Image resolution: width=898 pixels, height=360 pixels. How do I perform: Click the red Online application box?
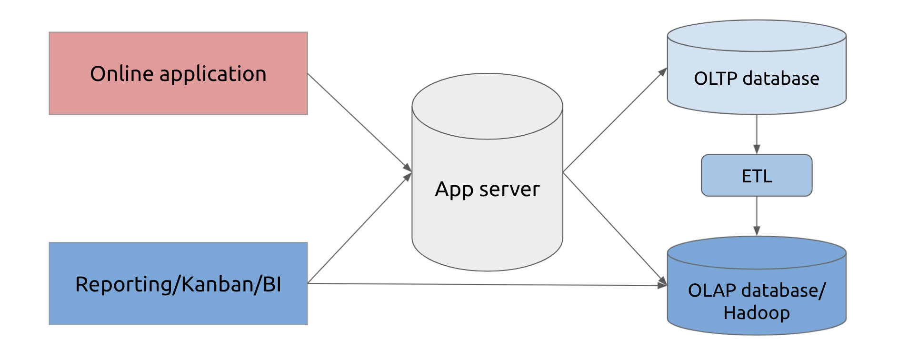(x=178, y=73)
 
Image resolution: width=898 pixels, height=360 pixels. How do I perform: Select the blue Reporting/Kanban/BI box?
(x=178, y=283)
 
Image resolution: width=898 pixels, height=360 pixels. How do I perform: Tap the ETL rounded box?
(x=757, y=175)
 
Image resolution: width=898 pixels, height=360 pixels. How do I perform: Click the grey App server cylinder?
(x=487, y=172)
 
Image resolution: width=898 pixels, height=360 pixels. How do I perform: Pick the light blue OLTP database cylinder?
(x=757, y=67)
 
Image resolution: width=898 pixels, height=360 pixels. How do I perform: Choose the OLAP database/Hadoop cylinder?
(x=757, y=286)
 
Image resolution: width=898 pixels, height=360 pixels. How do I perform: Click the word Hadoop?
(x=757, y=313)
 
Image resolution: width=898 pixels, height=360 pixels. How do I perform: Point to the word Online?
(x=122, y=74)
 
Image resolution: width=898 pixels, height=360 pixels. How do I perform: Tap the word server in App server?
(x=509, y=190)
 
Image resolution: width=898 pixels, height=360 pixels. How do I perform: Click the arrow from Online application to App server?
(x=360, y=122)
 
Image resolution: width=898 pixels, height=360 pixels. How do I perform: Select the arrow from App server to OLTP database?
(x=615, y=120)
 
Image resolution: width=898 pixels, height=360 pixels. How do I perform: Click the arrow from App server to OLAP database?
(x=615, y=229)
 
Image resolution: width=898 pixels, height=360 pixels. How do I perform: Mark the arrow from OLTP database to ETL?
(x=757, y=134)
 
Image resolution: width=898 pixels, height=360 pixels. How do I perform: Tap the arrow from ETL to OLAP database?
(x=757, y=216)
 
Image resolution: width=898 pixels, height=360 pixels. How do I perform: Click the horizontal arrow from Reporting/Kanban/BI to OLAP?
(x=488, y=285)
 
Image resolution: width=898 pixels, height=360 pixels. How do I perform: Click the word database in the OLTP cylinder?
(x=781, y=79)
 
